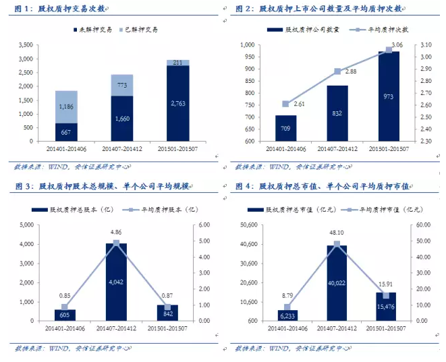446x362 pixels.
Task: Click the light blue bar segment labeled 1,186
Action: pos(66,107)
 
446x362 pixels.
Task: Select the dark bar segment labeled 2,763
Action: pos(177,103)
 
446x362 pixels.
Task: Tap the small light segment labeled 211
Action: pos(177,63)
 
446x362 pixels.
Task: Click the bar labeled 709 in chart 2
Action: pos(285,128)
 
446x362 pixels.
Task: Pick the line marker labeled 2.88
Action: pos(337,71)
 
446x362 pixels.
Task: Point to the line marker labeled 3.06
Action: pos(389,49)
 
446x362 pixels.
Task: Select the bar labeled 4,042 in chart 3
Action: pos(116,282)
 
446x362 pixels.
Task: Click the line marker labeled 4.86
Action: pos(116,243)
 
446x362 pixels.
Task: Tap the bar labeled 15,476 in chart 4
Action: pos(386,307)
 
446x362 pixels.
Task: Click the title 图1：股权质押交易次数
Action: pos(65,9)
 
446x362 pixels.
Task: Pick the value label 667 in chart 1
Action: pos(66,132)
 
